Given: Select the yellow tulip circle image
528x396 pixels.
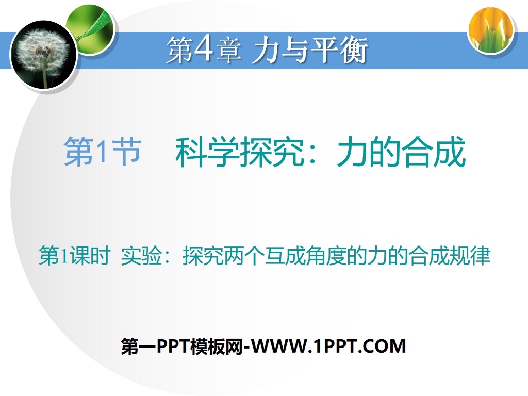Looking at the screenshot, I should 491,30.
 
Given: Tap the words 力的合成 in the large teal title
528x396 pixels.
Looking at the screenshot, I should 401,152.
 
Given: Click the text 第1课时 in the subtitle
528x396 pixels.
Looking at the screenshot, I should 74,256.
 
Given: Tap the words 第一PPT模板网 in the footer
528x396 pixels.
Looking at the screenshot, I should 181,346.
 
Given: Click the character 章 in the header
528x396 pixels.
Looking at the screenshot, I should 228,52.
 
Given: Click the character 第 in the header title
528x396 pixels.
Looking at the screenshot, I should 179,52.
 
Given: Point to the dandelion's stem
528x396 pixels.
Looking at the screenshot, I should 45,77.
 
